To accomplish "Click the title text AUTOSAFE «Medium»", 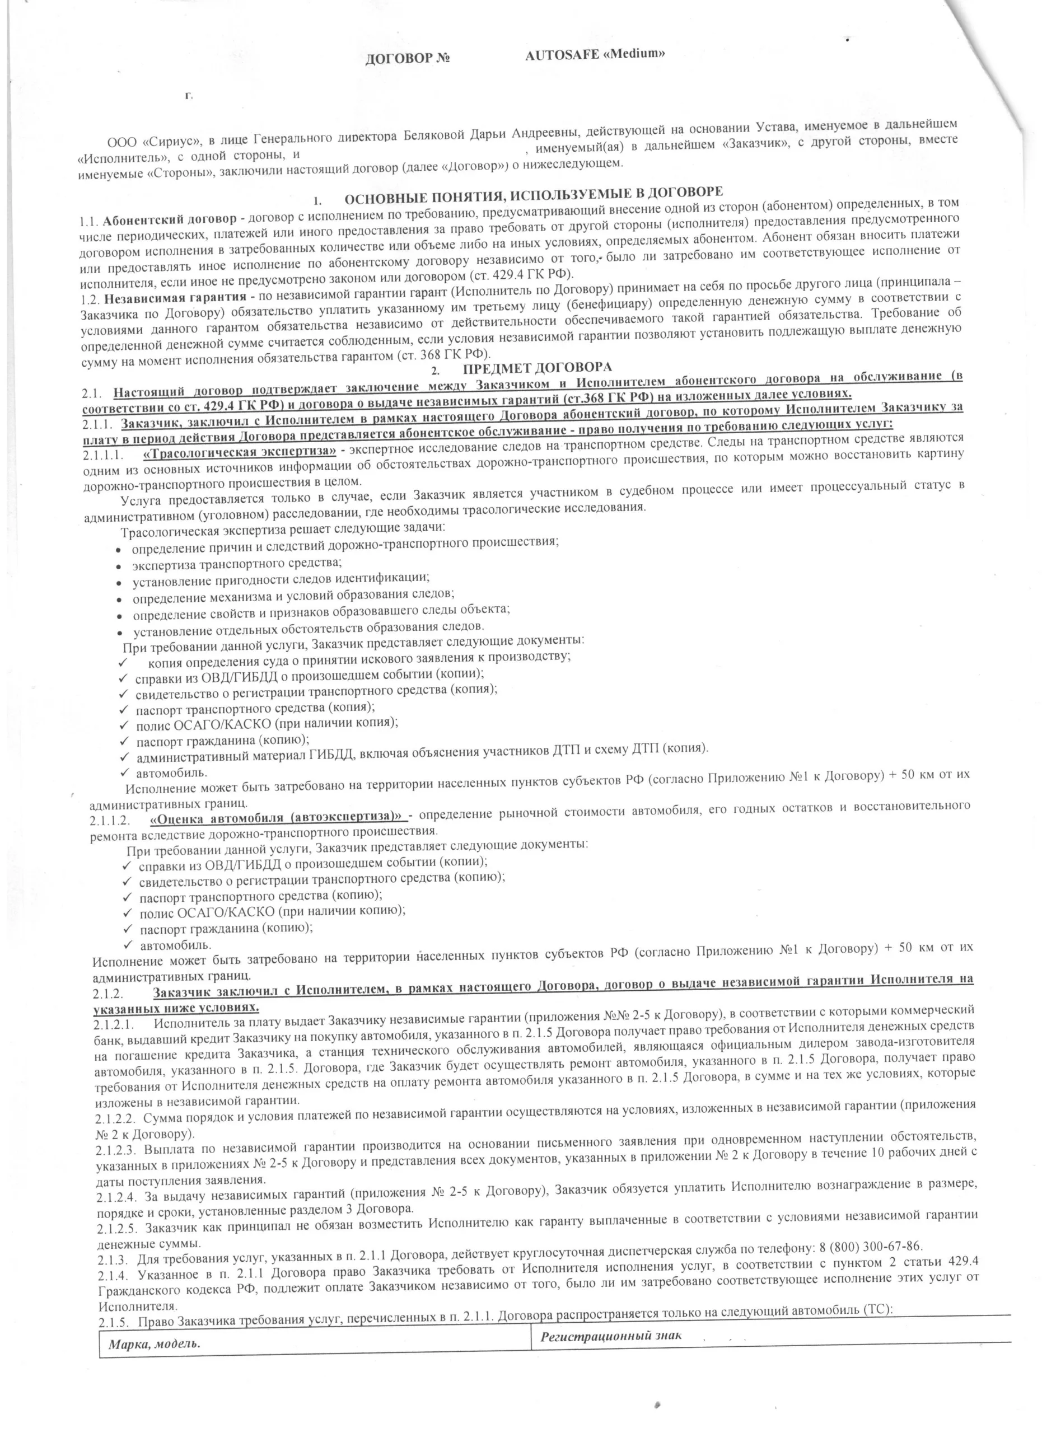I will click(595, 54).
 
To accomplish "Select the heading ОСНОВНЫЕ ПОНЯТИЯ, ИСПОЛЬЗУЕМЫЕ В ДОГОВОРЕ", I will click(532, 195).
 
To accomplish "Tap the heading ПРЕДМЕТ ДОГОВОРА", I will click(537, 368).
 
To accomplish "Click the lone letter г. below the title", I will click(188, 96).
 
